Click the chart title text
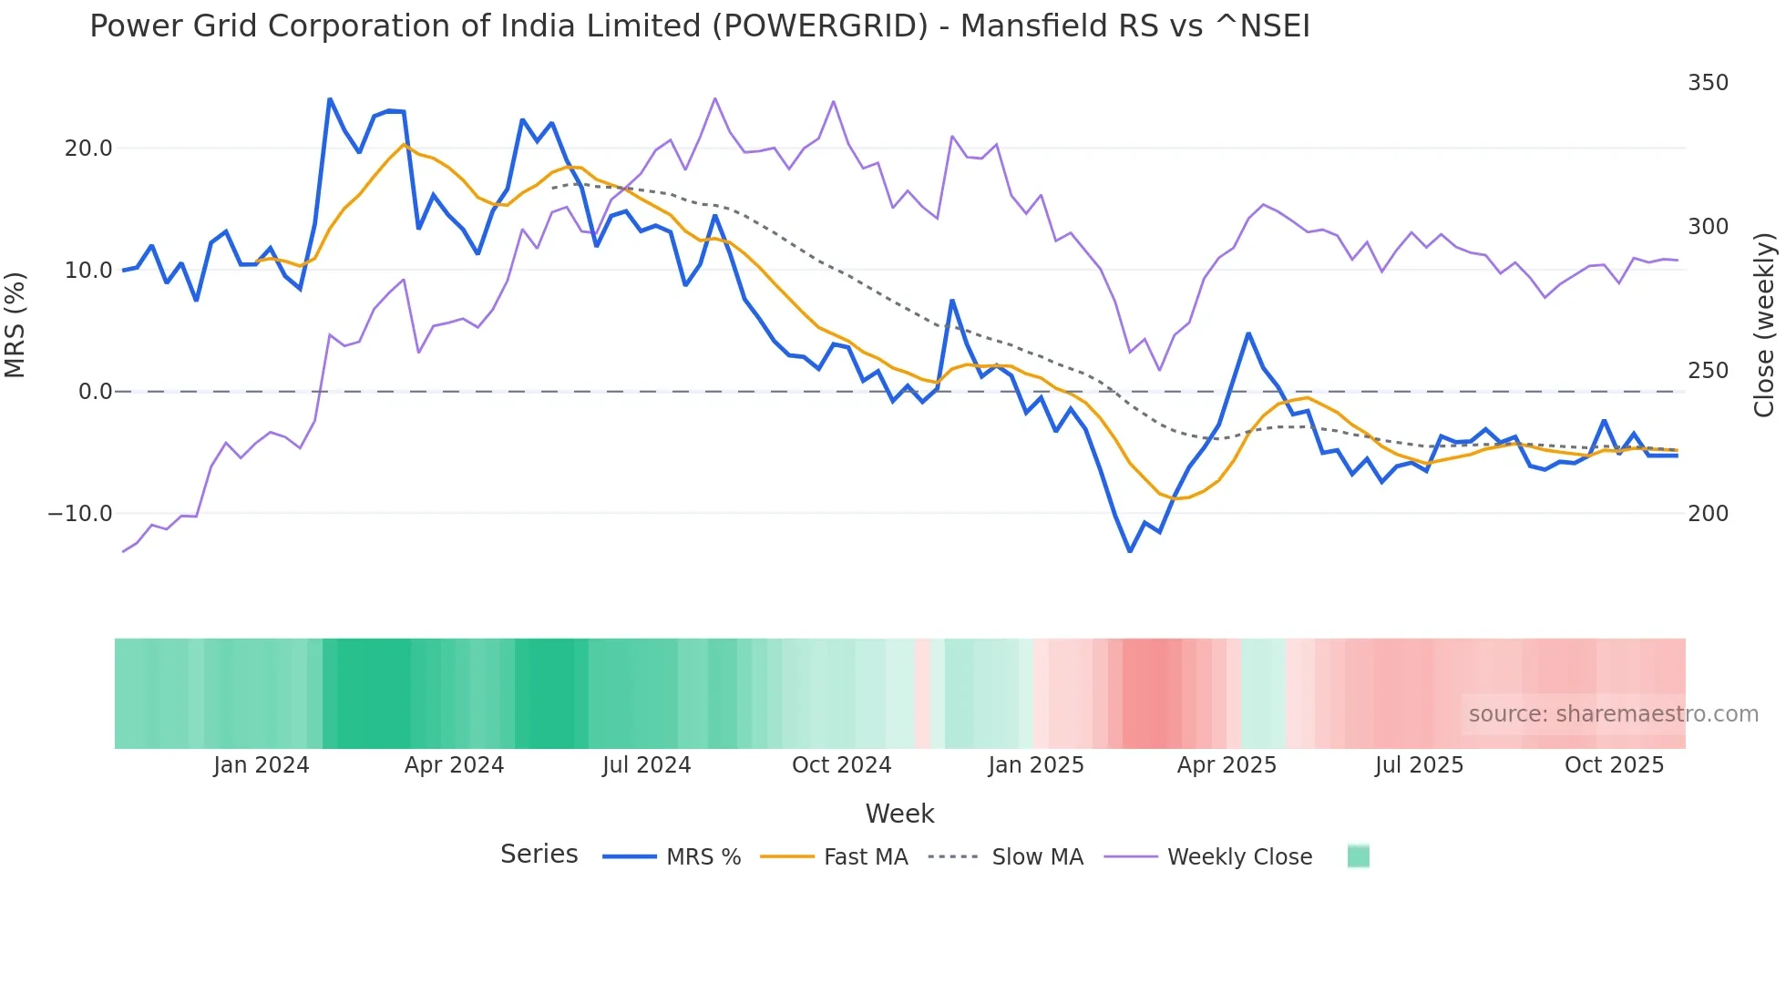699,26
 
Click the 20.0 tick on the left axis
88,149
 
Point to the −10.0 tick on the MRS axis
80,514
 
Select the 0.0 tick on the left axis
96,392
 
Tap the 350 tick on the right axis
1708,83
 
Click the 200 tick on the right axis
1708,514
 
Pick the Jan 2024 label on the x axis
262,765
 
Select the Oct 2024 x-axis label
841,765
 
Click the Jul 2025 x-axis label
1419,765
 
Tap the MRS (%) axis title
15,325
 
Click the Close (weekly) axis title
1765,325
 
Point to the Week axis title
899,814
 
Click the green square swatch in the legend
1358,856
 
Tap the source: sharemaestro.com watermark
1613,714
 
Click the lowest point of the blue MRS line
1130,551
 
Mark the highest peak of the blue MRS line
330,99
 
